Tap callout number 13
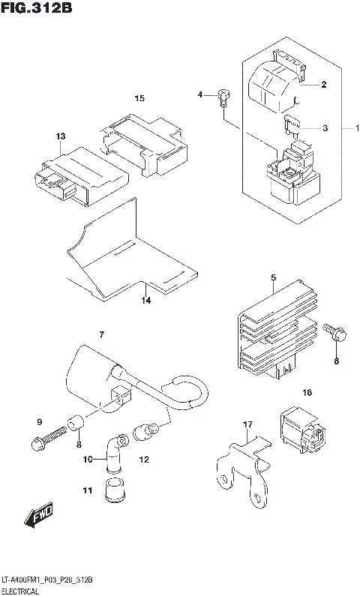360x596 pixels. tap(60, 136)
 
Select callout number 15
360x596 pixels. tap(139, 98)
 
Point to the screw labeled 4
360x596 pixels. tap(222, 94)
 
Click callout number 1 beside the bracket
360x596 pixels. tap(347, 128)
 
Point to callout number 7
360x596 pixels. tap(101, 334)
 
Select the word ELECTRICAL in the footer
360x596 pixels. tap(22, 591)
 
